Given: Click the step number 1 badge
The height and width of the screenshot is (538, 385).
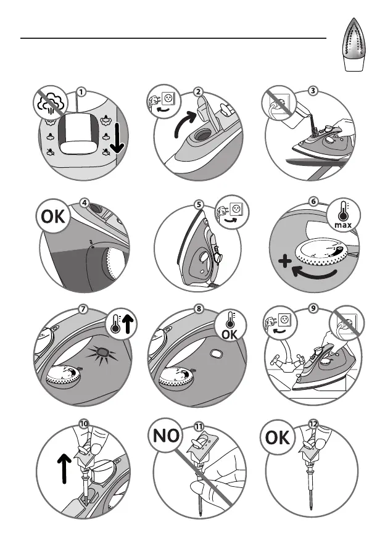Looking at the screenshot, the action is click(x=81, y=92).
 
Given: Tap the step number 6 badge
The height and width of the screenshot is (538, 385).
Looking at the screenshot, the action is click(x=313, y=201).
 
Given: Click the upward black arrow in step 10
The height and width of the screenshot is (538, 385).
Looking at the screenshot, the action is click(x=64, y=468).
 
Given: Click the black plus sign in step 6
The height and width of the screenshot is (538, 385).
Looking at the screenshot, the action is click(x=285, y=262).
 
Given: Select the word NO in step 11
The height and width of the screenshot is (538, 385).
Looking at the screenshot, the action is click(x=166, y=436).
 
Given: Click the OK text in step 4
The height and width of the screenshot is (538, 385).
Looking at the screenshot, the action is click(x=53, y=217).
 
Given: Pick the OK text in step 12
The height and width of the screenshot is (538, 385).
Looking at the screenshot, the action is click(x=277, y=437).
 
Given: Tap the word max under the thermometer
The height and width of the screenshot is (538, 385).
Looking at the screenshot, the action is click(x=343, y=225).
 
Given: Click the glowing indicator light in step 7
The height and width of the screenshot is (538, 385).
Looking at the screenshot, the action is click(x=102, y=353).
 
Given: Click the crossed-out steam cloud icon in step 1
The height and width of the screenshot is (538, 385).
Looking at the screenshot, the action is click(x=51, y=102).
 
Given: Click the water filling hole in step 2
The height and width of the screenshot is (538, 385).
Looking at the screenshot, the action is click(x=200, y=134).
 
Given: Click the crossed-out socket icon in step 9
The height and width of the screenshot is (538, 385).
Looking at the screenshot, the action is click(x=347, y=323).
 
